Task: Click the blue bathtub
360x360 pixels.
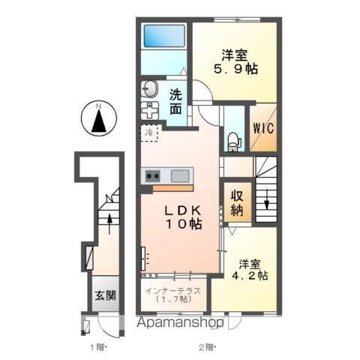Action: pos(164,37)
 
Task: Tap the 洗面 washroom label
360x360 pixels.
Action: pos(175,101)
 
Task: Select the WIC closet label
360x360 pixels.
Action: pos(262,127)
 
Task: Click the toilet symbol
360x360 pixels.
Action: pos(233,139)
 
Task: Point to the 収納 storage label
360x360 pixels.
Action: pos(236,201)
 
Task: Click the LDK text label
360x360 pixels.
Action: pos(182,208)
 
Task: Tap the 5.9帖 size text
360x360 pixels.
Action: pos(234,67)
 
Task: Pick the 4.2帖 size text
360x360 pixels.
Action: pos(250,276)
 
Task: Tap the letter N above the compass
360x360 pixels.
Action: pos(97,106)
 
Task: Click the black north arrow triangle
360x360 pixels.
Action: pos(97,122)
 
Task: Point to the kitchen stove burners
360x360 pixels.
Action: pos(153,176)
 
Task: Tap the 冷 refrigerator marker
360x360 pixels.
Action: pos(148,133)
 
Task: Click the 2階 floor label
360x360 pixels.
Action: pos(205,347)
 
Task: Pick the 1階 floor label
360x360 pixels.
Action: pos(97,347)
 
